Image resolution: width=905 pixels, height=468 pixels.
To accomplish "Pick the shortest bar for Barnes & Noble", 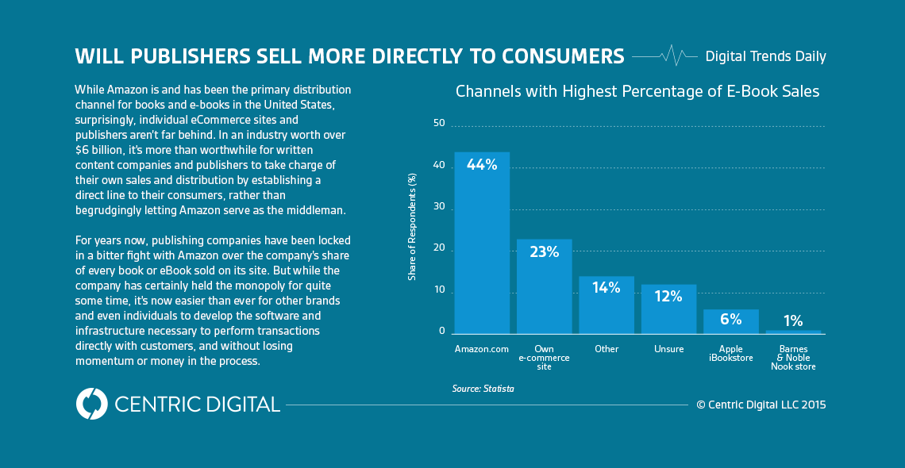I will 793,332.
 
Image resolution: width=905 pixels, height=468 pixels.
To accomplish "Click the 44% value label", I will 482,165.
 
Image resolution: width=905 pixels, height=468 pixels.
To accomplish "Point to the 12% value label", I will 668,297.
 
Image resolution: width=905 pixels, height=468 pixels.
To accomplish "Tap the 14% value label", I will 607,288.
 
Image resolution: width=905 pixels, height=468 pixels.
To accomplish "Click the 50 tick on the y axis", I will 439,123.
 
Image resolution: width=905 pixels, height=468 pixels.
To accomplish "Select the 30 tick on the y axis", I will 439,207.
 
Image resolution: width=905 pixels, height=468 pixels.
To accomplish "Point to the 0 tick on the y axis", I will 442,331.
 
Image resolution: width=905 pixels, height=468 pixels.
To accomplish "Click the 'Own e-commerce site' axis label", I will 544,357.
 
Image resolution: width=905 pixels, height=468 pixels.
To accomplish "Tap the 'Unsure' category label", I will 668,349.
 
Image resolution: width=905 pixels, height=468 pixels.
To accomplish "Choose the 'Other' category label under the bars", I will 607,349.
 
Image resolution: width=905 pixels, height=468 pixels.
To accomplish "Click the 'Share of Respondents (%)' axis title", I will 412,227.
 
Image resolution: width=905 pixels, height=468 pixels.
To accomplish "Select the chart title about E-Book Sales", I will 637,92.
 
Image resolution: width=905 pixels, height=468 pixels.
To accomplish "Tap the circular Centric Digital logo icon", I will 91,404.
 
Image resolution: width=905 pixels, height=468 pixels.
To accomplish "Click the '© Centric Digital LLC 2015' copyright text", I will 761,405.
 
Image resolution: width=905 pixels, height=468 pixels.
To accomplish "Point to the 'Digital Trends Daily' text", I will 765,56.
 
